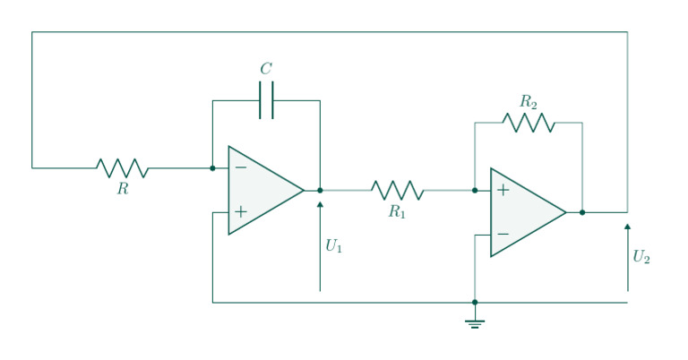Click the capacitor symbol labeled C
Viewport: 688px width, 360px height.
point(266,100)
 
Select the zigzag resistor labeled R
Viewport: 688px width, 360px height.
point(123,167)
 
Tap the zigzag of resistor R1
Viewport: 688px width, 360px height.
point(398,190)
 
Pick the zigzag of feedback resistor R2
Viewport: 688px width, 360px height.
point(529,123)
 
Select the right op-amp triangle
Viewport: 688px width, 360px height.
point(524,212)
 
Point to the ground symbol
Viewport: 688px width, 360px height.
point(475,322)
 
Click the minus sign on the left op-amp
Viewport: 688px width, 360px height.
point(240,167)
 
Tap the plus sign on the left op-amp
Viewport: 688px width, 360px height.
point(240,212)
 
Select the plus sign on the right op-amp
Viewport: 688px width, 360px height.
point(503,190)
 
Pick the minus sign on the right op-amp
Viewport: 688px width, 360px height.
point(503,235)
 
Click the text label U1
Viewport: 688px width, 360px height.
point(333,246)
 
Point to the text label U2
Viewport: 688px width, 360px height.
point(641,258)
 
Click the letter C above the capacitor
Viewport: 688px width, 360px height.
point(266,69)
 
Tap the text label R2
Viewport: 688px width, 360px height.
point(529,102)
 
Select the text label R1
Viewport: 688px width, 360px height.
point(398,211)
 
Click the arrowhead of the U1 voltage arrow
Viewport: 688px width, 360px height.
point(320,205)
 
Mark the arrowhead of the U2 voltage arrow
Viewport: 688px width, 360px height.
point(627,227)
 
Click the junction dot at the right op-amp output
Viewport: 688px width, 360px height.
point(582,212)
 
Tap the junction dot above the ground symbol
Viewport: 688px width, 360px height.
point(475,303)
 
